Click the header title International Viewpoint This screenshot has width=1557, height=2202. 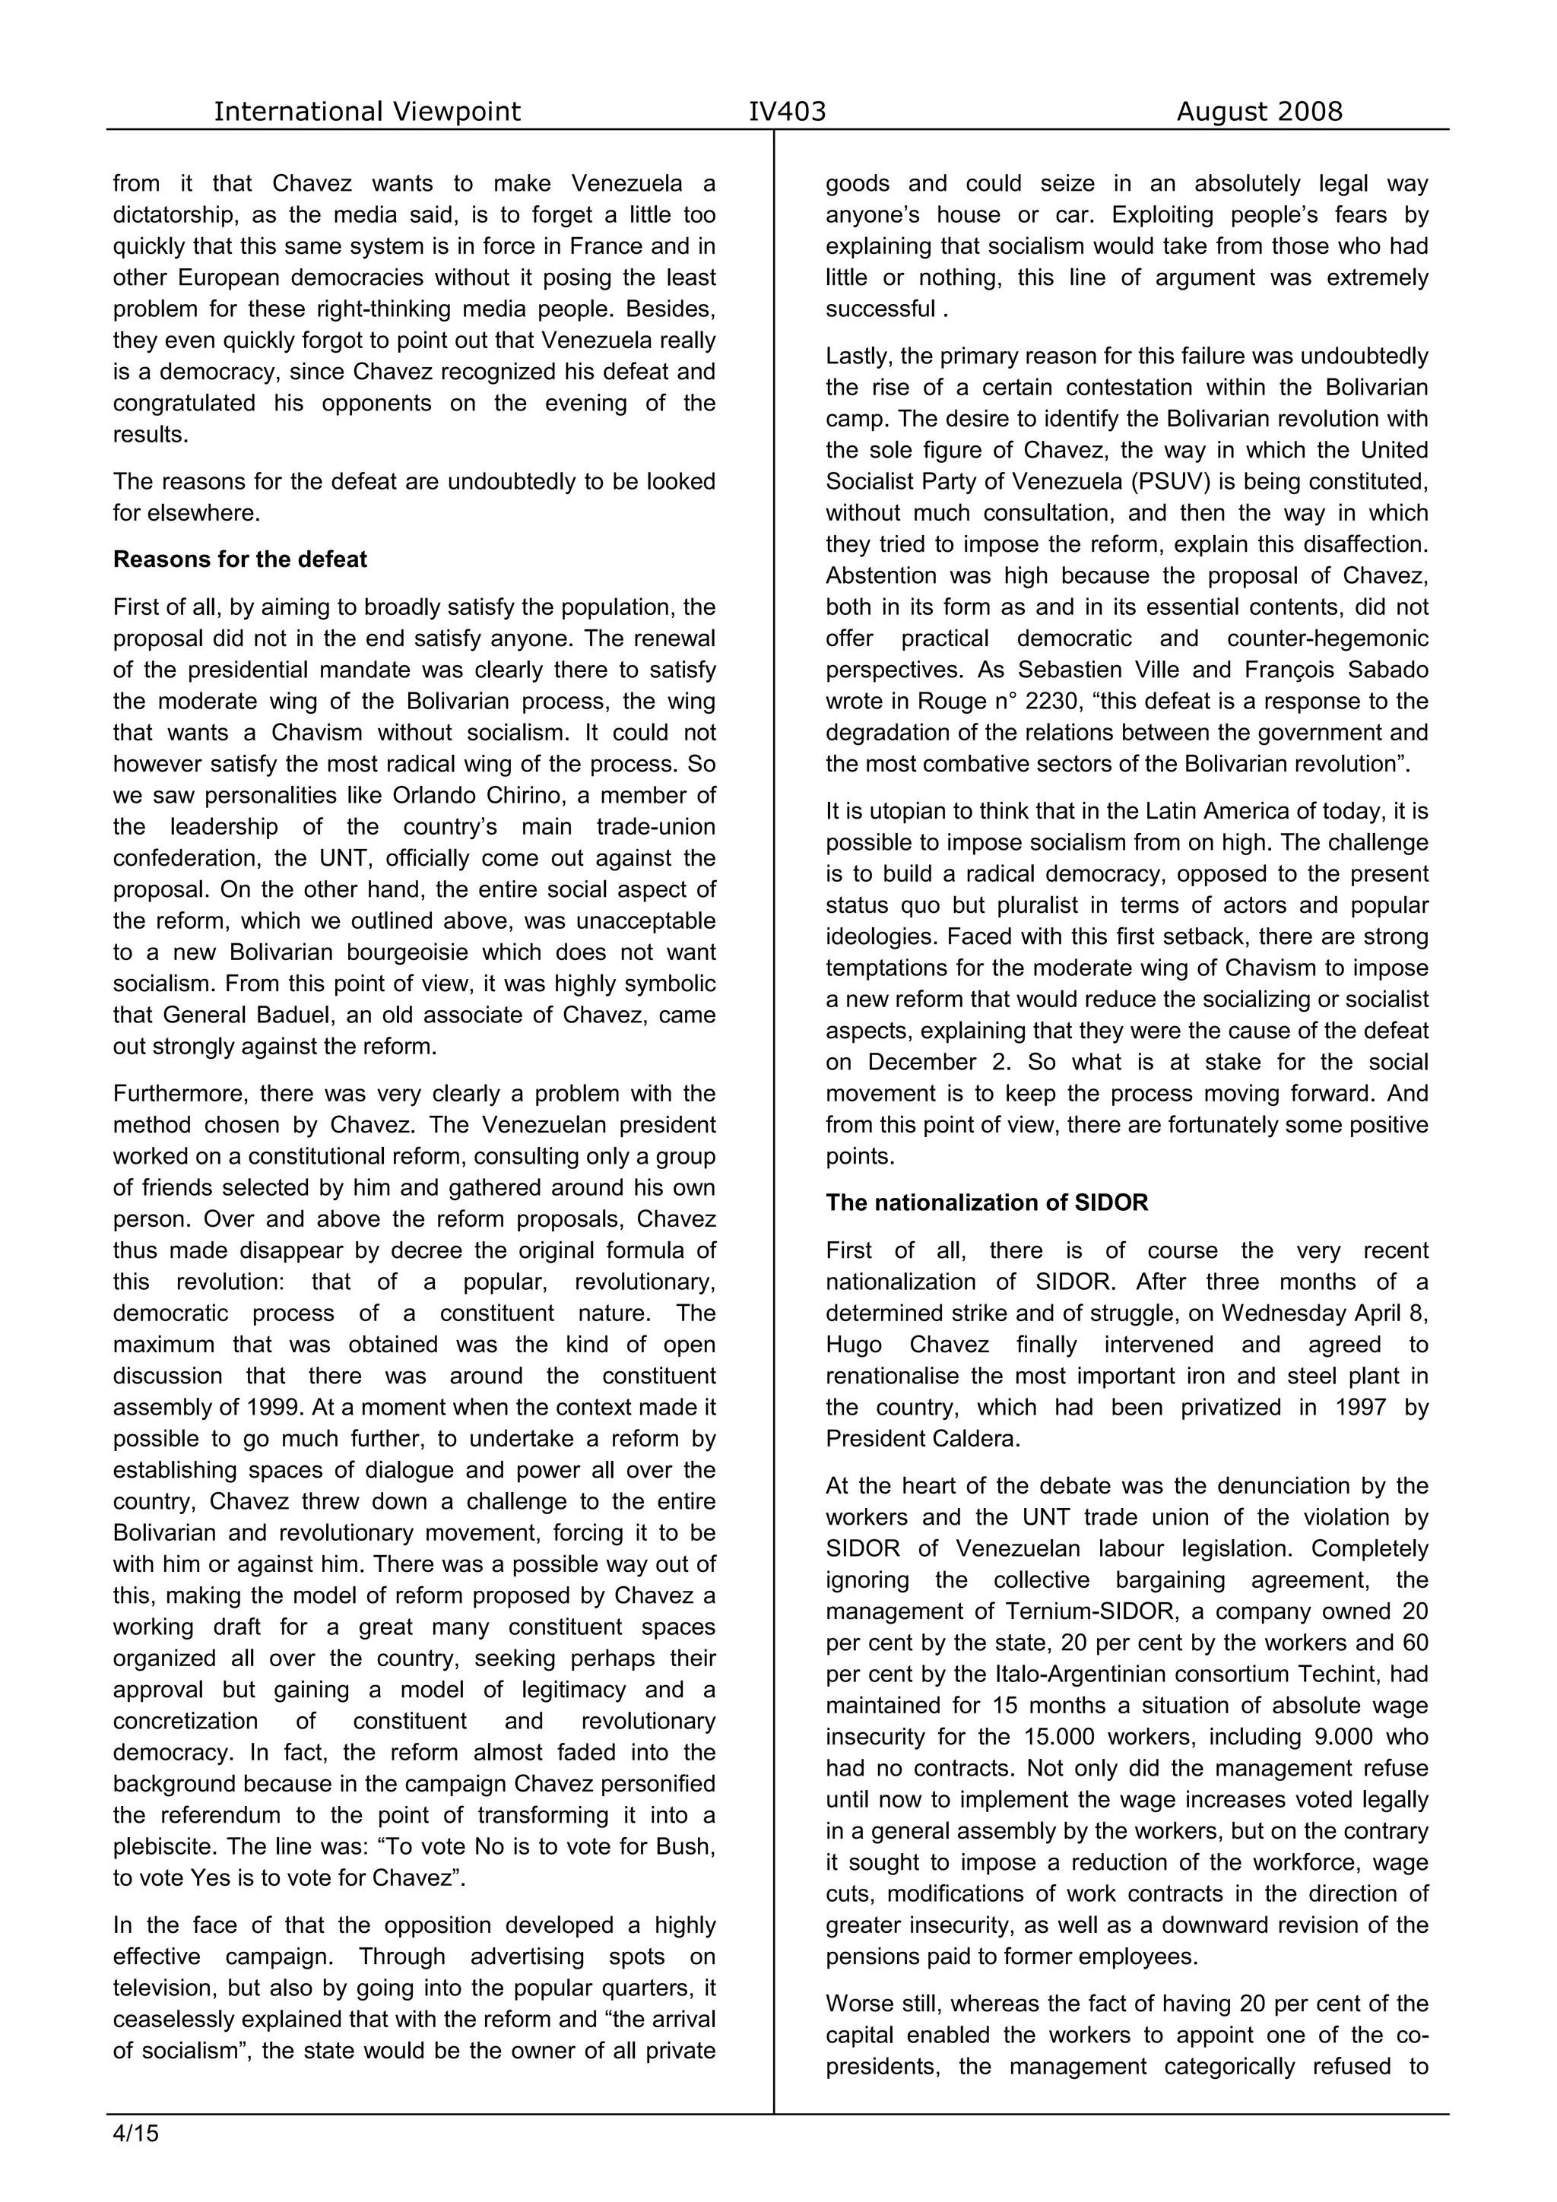click(x=366, y=112)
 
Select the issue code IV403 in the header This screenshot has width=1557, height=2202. click(x=787, y=112)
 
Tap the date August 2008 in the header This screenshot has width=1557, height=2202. click(x=1259, y=112)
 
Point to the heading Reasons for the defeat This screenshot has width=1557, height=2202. click(x=239, y=559)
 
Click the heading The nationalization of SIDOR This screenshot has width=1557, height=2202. click(x=986, y=1202)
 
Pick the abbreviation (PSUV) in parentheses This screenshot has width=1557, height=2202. click(x=1165, y=481)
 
